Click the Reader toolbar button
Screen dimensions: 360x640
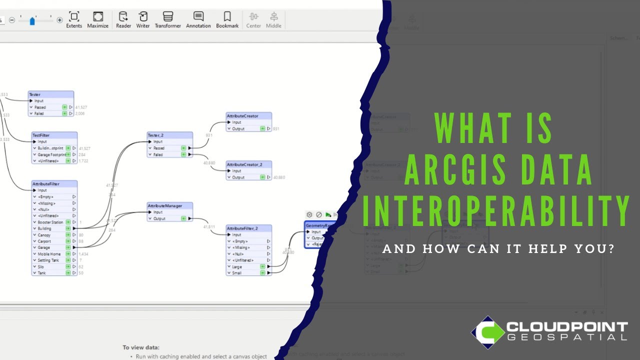tap(123, 20)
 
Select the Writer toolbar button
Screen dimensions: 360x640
tap(143, 20)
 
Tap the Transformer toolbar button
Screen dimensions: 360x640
tap(168, 20)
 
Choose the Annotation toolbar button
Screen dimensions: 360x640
tap(198, 20)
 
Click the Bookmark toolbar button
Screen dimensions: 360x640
tap(227, 20)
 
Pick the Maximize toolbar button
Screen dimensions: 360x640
tap(98, 20)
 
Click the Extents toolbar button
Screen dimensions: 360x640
tap(74, 20)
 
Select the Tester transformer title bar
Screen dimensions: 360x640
tap(51, 94)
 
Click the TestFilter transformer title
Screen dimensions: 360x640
tap(54, 135)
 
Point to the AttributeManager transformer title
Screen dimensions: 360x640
tap(169, 205)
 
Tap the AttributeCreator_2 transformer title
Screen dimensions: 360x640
tap(249, 164)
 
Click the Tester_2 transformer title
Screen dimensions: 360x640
tap(169, 135)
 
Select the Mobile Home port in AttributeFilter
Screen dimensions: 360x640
tap(50, 254)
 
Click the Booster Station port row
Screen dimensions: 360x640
tap(50, 222)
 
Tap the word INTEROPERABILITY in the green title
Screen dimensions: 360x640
tap(495, 210)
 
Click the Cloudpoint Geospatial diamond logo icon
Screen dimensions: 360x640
tap(487, 332)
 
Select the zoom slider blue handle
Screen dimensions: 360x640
tap(32, 21)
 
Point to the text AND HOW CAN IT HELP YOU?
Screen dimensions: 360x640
tap(498, 248)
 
